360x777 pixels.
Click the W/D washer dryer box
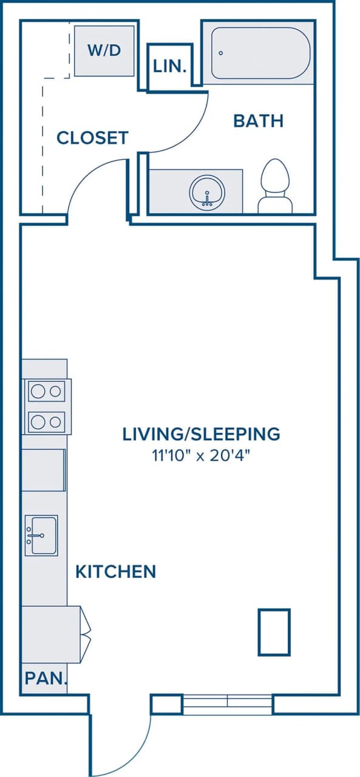pyautogui.click(x=104, y=50)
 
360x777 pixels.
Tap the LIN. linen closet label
pyautogui.click(x=170, y=67)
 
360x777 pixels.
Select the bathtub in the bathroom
pyautogui.click(x=260, y=53)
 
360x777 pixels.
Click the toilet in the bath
pyautogui.click(x=274, y=186)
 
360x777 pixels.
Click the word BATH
pyautogui.click(x=258, y=121)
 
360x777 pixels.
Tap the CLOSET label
pyautogui.click(x=92, y=138)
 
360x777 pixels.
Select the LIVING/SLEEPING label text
pyautogui.click(x=201, y=434)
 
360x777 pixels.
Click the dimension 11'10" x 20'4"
pyautogui.click(x=201, y=455)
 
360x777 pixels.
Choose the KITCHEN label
pyautogui.click(x=115, y=571)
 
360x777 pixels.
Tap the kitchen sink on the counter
pyautogui.click(x=41, y=535)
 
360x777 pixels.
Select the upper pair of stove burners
pyautogui.click(x=47, y=392)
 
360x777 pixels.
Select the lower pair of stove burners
pyautogui.click(x=47, y=421)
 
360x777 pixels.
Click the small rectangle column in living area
pyautogui.click(x=274, y=632)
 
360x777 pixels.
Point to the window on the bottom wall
pyautogui.click(x=227, y=704)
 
